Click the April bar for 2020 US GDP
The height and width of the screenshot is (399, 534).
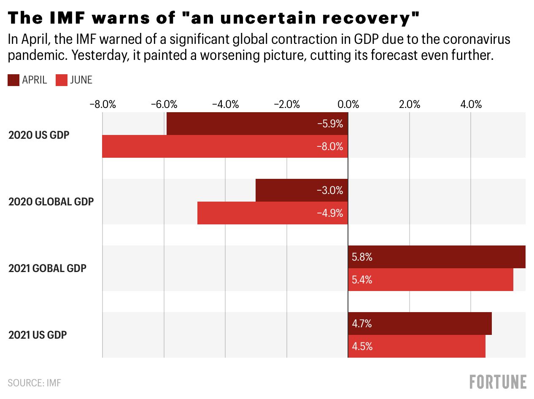pyautogui.click(x=257, y=124)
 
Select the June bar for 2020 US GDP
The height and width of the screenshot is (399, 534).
pyautogui.click(x=225, y=146)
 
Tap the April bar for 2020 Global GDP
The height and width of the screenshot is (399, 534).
pyautogui.click(x=302, y=190)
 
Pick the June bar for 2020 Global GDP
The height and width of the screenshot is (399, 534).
pyautogui.click(x=272, y=213)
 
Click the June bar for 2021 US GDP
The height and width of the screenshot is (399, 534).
pyautogui.click(x=417, y=346)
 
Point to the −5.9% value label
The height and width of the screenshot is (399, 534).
pyautogui.click(x=330, y=124)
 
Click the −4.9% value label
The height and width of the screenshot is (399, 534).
pyautogui.click(x=330, y=213)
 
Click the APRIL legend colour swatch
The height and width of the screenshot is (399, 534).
pyautogui.click(x=13, y=80)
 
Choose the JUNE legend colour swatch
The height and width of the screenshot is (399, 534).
pyautogui.click(x=62, y=80)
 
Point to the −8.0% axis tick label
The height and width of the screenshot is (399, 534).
pyautogui.click(x=102, y=104)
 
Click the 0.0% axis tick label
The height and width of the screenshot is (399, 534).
pyautogui.click(x=348, y=104)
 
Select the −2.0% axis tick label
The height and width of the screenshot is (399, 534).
pyautogui.click(x=286, y=104)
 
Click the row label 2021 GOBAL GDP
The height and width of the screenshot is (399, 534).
pyautogui.click(x=47, y=268)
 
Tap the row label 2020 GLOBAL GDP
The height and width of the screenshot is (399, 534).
pyautogui.click(x=51, y=202)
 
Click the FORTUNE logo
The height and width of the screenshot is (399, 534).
pyautogui.click(x=498, y=382)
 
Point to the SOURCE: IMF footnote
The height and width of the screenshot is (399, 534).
pyautogui.click(x=35, y=383)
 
